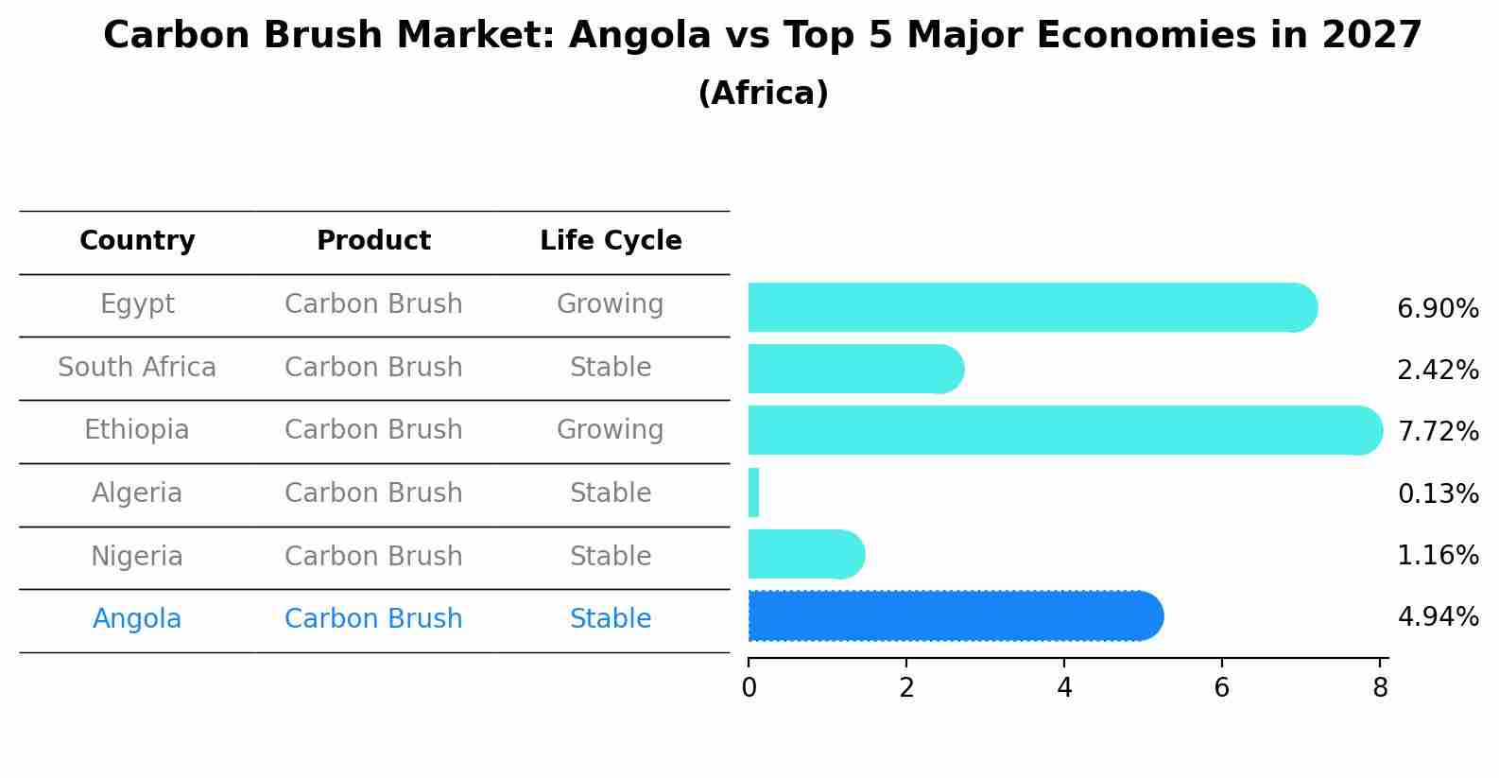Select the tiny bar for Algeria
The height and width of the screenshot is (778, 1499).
753,493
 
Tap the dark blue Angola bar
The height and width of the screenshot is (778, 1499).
955,616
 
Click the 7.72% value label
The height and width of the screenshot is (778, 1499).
1438,432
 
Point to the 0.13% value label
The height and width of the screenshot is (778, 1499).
1438,493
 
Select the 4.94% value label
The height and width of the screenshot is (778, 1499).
1438,617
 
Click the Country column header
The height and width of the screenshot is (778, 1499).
137,241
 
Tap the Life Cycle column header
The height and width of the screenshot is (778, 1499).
611,241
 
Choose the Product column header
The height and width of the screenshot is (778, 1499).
373,241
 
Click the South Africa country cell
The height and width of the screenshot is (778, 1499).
137,368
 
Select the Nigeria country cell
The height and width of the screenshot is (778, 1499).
137,557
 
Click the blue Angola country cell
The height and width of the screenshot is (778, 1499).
137,619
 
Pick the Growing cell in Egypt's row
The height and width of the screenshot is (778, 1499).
610,304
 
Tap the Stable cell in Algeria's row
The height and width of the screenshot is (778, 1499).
610,493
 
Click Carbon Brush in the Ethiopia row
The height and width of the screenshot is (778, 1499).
373,430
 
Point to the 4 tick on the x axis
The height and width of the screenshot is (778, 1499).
1064,687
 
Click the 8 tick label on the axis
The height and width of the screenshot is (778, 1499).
1380,687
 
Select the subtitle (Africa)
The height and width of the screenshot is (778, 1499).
763,94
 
